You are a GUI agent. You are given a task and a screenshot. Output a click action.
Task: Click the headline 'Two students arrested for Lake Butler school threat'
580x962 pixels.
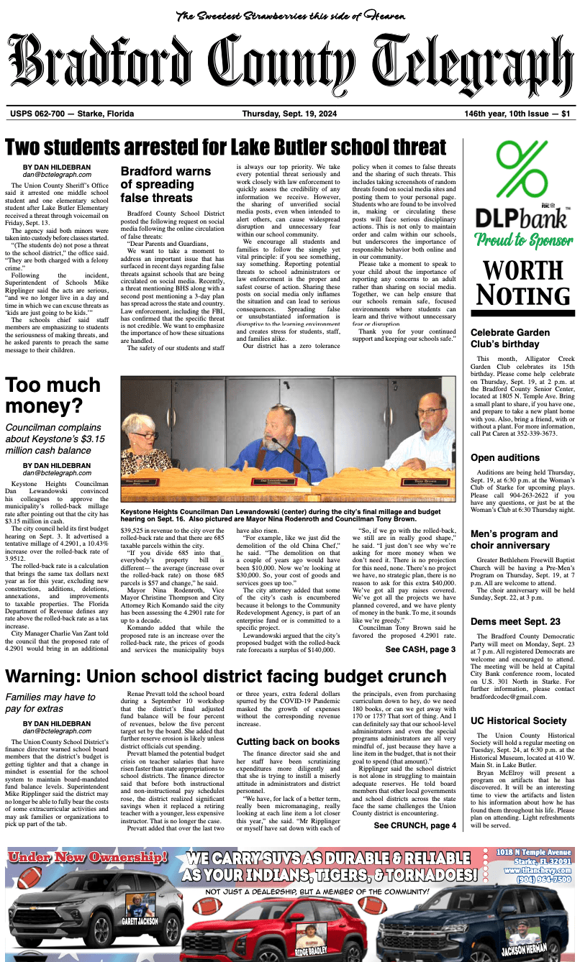coord(226,147)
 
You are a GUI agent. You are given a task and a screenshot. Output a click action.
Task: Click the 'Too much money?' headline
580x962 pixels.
coord(53,396)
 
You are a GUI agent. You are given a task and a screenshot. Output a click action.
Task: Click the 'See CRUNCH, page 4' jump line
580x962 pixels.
coord(414,825)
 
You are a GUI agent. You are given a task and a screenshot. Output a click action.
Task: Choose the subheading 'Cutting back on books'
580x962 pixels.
coord(288,742)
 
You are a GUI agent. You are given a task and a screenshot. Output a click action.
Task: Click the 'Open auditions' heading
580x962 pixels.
coord(505,457)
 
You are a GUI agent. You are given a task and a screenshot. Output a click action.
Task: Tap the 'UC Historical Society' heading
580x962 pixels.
coord(519,720)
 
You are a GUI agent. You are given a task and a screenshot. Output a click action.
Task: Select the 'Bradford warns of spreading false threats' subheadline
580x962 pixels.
coord(166,184)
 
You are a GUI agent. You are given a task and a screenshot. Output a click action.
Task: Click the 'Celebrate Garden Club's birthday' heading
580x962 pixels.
coord(510,338)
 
